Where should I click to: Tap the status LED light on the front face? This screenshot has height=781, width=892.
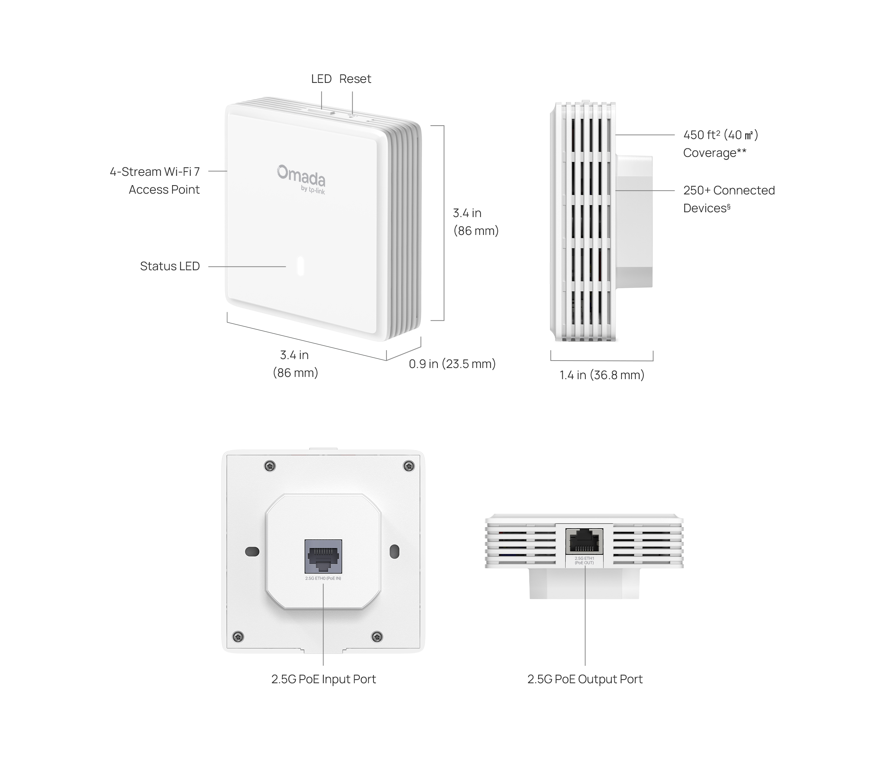pos(300,266)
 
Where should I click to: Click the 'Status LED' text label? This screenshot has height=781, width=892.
pos(169,266)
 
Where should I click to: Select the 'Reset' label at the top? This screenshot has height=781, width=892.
pos(355,79)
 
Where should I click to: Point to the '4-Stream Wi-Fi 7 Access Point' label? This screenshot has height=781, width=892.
pos(155,180)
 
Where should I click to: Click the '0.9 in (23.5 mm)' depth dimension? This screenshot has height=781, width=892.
pos(452,364)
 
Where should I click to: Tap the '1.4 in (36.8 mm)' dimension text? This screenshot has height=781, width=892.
pos(602,375)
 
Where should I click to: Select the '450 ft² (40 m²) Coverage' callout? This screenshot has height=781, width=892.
pos(720,143)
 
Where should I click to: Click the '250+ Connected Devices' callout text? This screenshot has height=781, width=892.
pos(728,199)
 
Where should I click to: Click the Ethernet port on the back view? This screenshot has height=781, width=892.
pos(323,556)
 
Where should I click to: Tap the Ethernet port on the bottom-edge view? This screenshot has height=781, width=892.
pos(584,541)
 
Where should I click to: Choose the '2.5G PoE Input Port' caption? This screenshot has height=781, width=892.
pos(323,679)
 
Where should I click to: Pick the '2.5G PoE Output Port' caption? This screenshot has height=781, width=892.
pos(585,679)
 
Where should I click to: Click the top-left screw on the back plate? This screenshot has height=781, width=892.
pos(270,467)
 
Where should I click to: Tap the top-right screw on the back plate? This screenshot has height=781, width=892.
pos(408,467)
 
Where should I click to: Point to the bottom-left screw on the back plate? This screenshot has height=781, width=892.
pos(238,637)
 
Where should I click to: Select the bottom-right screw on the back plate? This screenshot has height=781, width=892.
pos(377,637)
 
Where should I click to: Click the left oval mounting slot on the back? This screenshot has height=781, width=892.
pos(252,551)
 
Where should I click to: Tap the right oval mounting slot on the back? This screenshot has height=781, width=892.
pos(394,551)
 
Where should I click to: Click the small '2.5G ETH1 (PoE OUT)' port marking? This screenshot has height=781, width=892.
pos(584,561)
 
